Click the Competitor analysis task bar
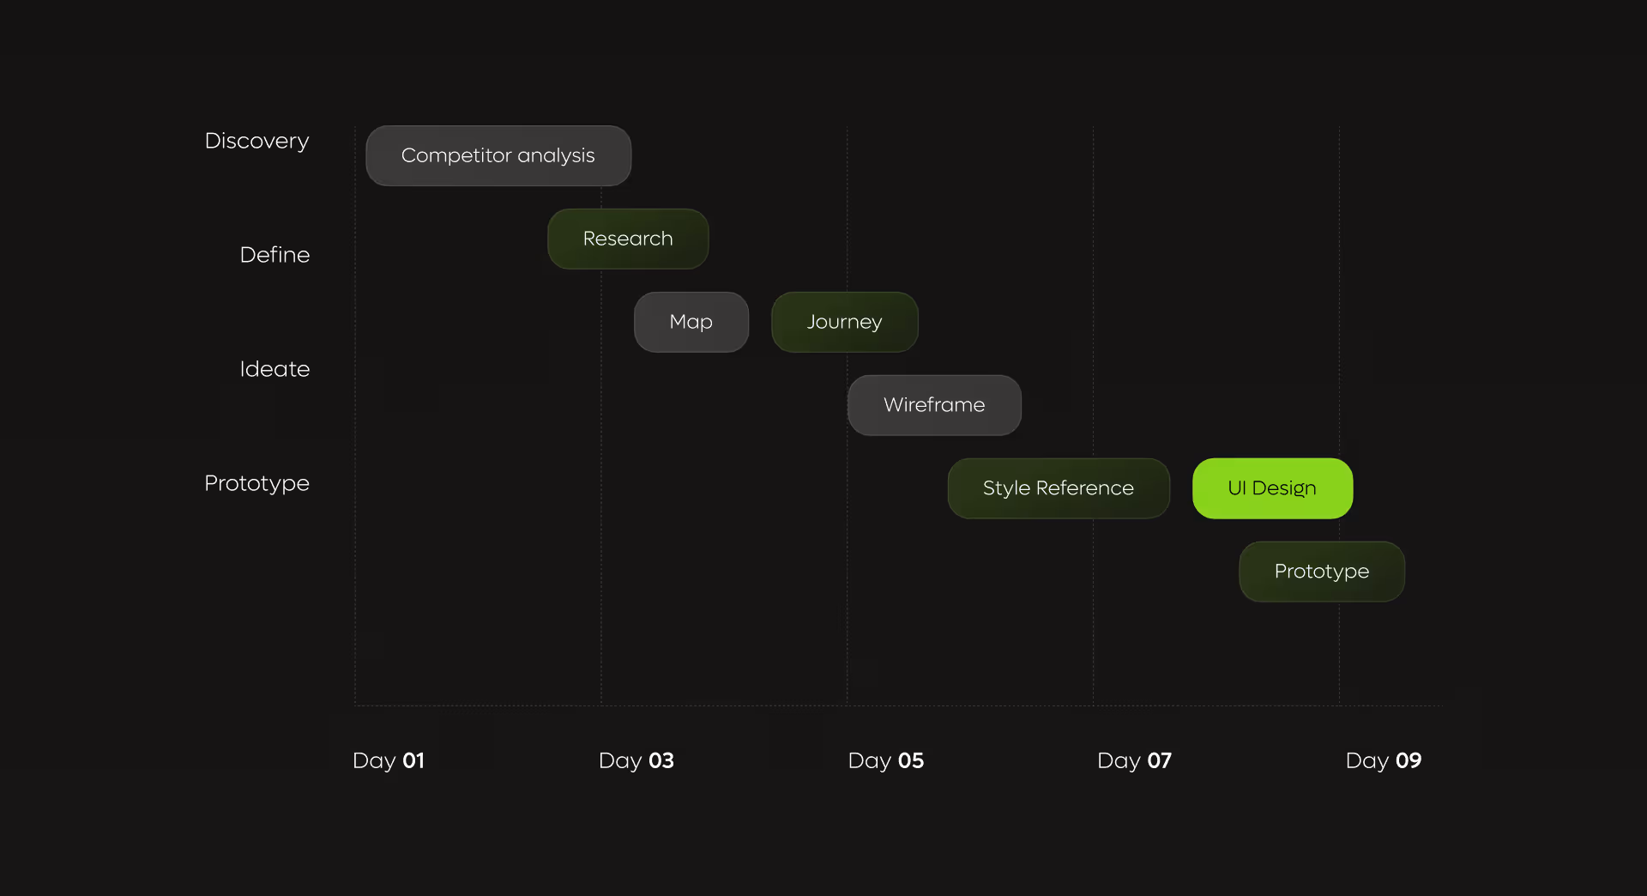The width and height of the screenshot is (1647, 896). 498,155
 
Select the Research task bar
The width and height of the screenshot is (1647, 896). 628,239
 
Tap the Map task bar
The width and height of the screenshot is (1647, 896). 691,322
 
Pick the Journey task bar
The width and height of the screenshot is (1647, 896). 845,322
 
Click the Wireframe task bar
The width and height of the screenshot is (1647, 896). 934,405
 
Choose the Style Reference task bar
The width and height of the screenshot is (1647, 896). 1059,488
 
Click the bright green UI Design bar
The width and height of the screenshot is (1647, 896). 1272,488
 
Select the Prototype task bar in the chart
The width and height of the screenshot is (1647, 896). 1322,572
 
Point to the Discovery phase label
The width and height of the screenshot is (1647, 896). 256,141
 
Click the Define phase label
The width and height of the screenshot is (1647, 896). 274,255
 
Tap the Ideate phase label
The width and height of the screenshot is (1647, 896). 274,369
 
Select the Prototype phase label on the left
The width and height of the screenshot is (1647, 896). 256,483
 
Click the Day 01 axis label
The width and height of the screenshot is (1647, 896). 389,760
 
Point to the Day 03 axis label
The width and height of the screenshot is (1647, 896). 636,760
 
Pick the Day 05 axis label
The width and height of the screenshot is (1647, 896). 886,760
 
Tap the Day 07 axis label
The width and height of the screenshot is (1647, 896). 1134,760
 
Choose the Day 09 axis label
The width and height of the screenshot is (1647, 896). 1384,760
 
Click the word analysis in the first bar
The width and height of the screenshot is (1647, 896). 556,155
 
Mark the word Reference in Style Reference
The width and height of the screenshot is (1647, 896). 1084,488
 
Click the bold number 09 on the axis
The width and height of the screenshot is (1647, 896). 1409,760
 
